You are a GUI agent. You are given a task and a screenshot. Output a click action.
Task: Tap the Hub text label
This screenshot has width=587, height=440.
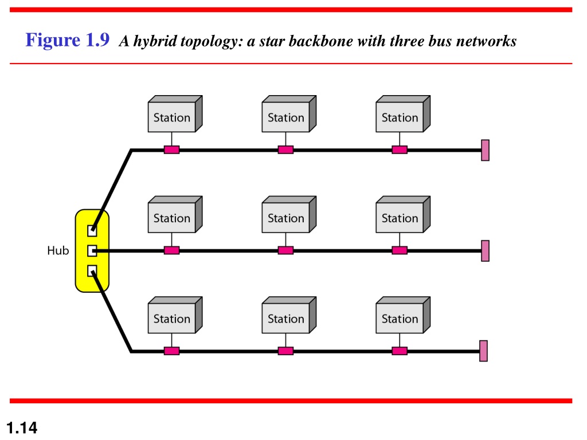pos(58,250)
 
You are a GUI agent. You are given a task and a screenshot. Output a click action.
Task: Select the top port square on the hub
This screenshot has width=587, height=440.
pos(92,230)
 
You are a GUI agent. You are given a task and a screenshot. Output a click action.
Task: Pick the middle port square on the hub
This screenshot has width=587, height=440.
pos(92,251)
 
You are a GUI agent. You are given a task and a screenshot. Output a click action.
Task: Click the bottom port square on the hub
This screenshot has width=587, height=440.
pos(92,271)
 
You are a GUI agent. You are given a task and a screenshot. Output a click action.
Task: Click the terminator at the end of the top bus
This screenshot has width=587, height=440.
pos(485,150)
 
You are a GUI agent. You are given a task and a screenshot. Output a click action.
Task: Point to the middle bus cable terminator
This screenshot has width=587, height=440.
pos(485,251)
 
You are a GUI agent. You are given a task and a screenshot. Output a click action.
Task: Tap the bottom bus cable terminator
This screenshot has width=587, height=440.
pos(483,351)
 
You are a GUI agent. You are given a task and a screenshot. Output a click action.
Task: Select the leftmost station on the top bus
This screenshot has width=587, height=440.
pos(175,114)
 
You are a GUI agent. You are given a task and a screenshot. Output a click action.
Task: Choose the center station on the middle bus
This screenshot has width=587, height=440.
pos(289,214)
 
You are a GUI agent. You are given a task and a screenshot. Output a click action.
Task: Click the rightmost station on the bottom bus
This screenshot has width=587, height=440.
pos(403,315)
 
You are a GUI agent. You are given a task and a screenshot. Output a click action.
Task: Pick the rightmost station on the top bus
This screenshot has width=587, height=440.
pos(403,114)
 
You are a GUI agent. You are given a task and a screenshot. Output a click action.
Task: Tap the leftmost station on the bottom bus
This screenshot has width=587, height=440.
pos(175,315)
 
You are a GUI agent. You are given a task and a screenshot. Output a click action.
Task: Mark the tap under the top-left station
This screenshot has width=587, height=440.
pos(171,150)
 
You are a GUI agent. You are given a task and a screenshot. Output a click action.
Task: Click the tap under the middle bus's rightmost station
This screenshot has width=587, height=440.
pos(400,250)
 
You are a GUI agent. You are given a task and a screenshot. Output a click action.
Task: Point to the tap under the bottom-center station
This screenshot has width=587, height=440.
pos(285,351)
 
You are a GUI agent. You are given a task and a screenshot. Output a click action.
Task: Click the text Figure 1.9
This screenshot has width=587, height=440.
pos(68,40)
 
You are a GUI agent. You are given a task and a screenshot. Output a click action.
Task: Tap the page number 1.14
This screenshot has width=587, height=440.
pos(22,427)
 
